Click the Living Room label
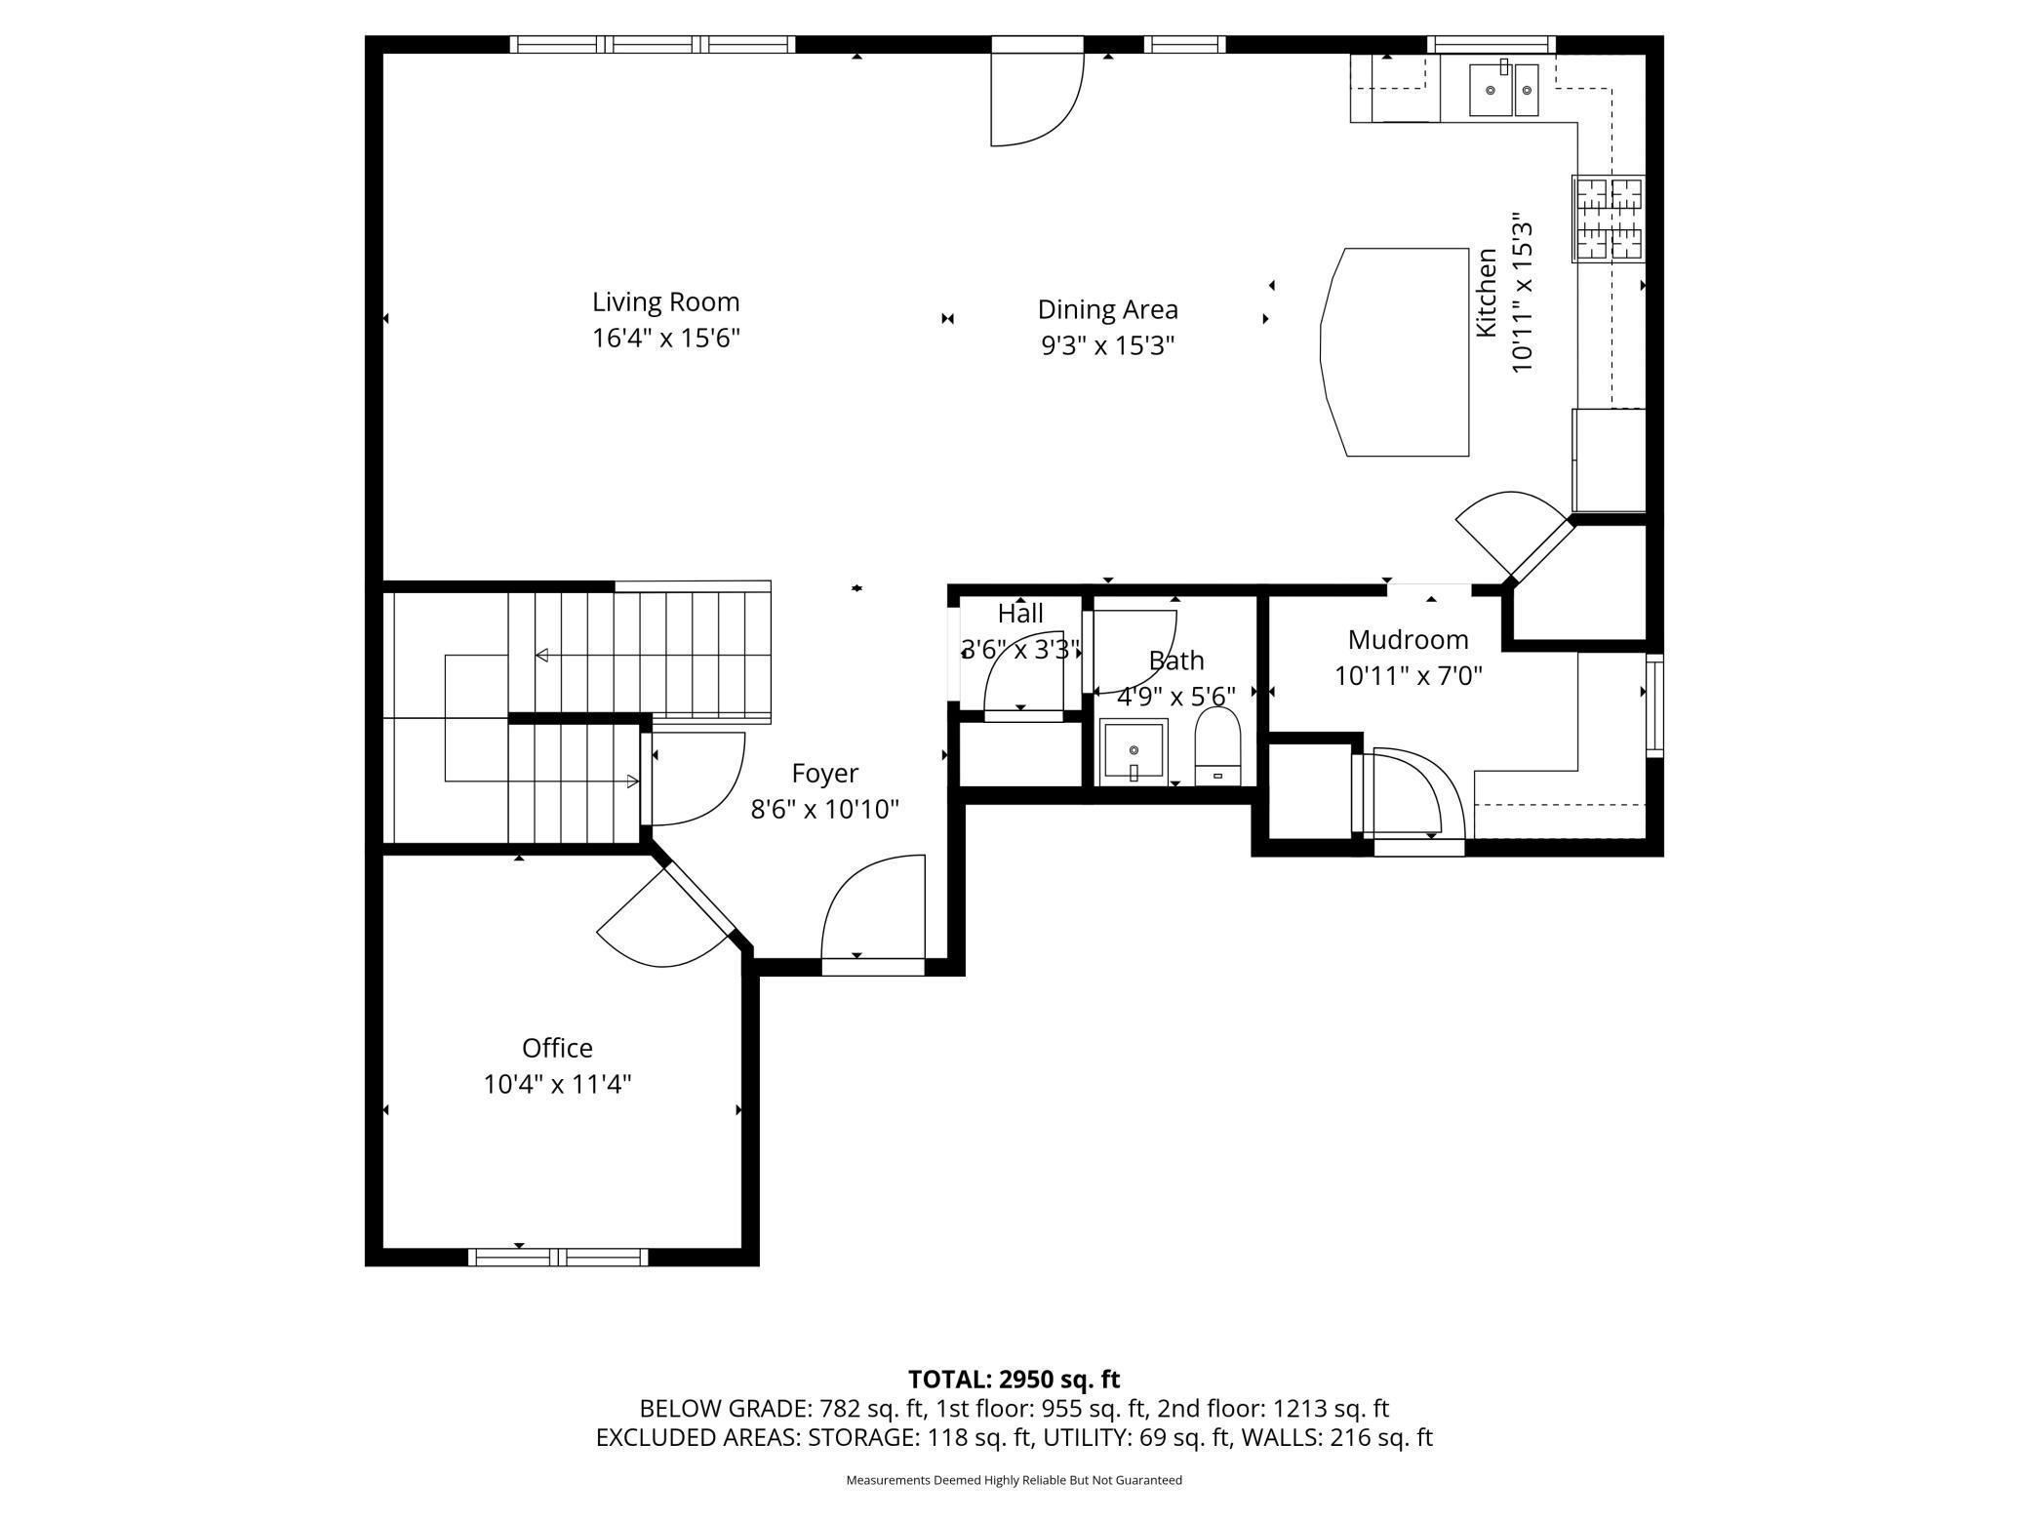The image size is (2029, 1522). tap(665, 301)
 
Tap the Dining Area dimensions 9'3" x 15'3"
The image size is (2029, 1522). tap(1107, 346)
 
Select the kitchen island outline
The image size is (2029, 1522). tap(1396, 351)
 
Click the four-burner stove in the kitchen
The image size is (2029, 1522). tap(1609, 218)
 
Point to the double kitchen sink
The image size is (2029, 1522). tap(1503, 90)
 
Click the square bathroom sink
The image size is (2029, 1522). tap(1134, 751)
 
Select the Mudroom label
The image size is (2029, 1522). tap(1408, 640)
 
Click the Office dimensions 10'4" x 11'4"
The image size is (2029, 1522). tap(557, 1084)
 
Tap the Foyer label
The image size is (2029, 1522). tap(824, 774)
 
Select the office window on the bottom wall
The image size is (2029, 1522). tap(558, 1257)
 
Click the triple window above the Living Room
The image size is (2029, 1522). tap(653, 44)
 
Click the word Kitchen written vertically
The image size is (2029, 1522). tap(1486, 293)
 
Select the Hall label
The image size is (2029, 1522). tap(1020, 614)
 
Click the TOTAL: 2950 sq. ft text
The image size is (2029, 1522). tap(1014, 1379)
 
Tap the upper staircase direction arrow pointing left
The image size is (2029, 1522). tap(541, 655)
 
